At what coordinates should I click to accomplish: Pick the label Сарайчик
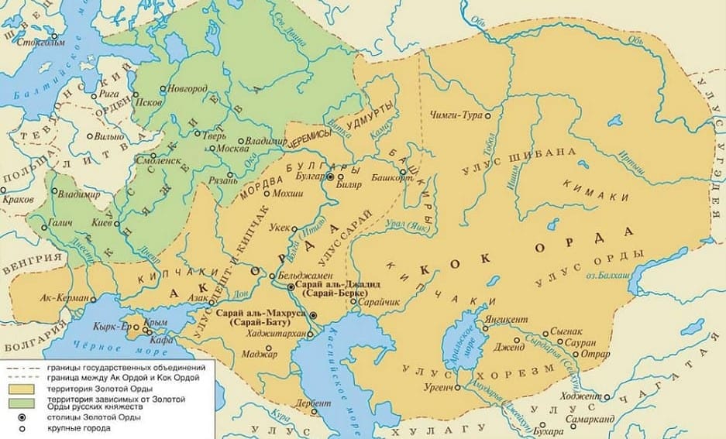380,302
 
